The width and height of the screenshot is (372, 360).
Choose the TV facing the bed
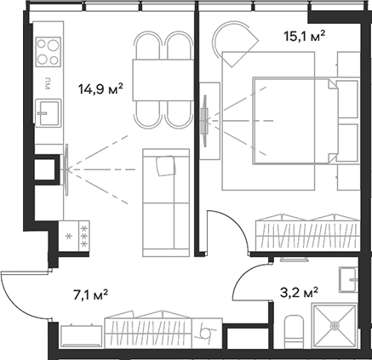pos(205,120)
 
